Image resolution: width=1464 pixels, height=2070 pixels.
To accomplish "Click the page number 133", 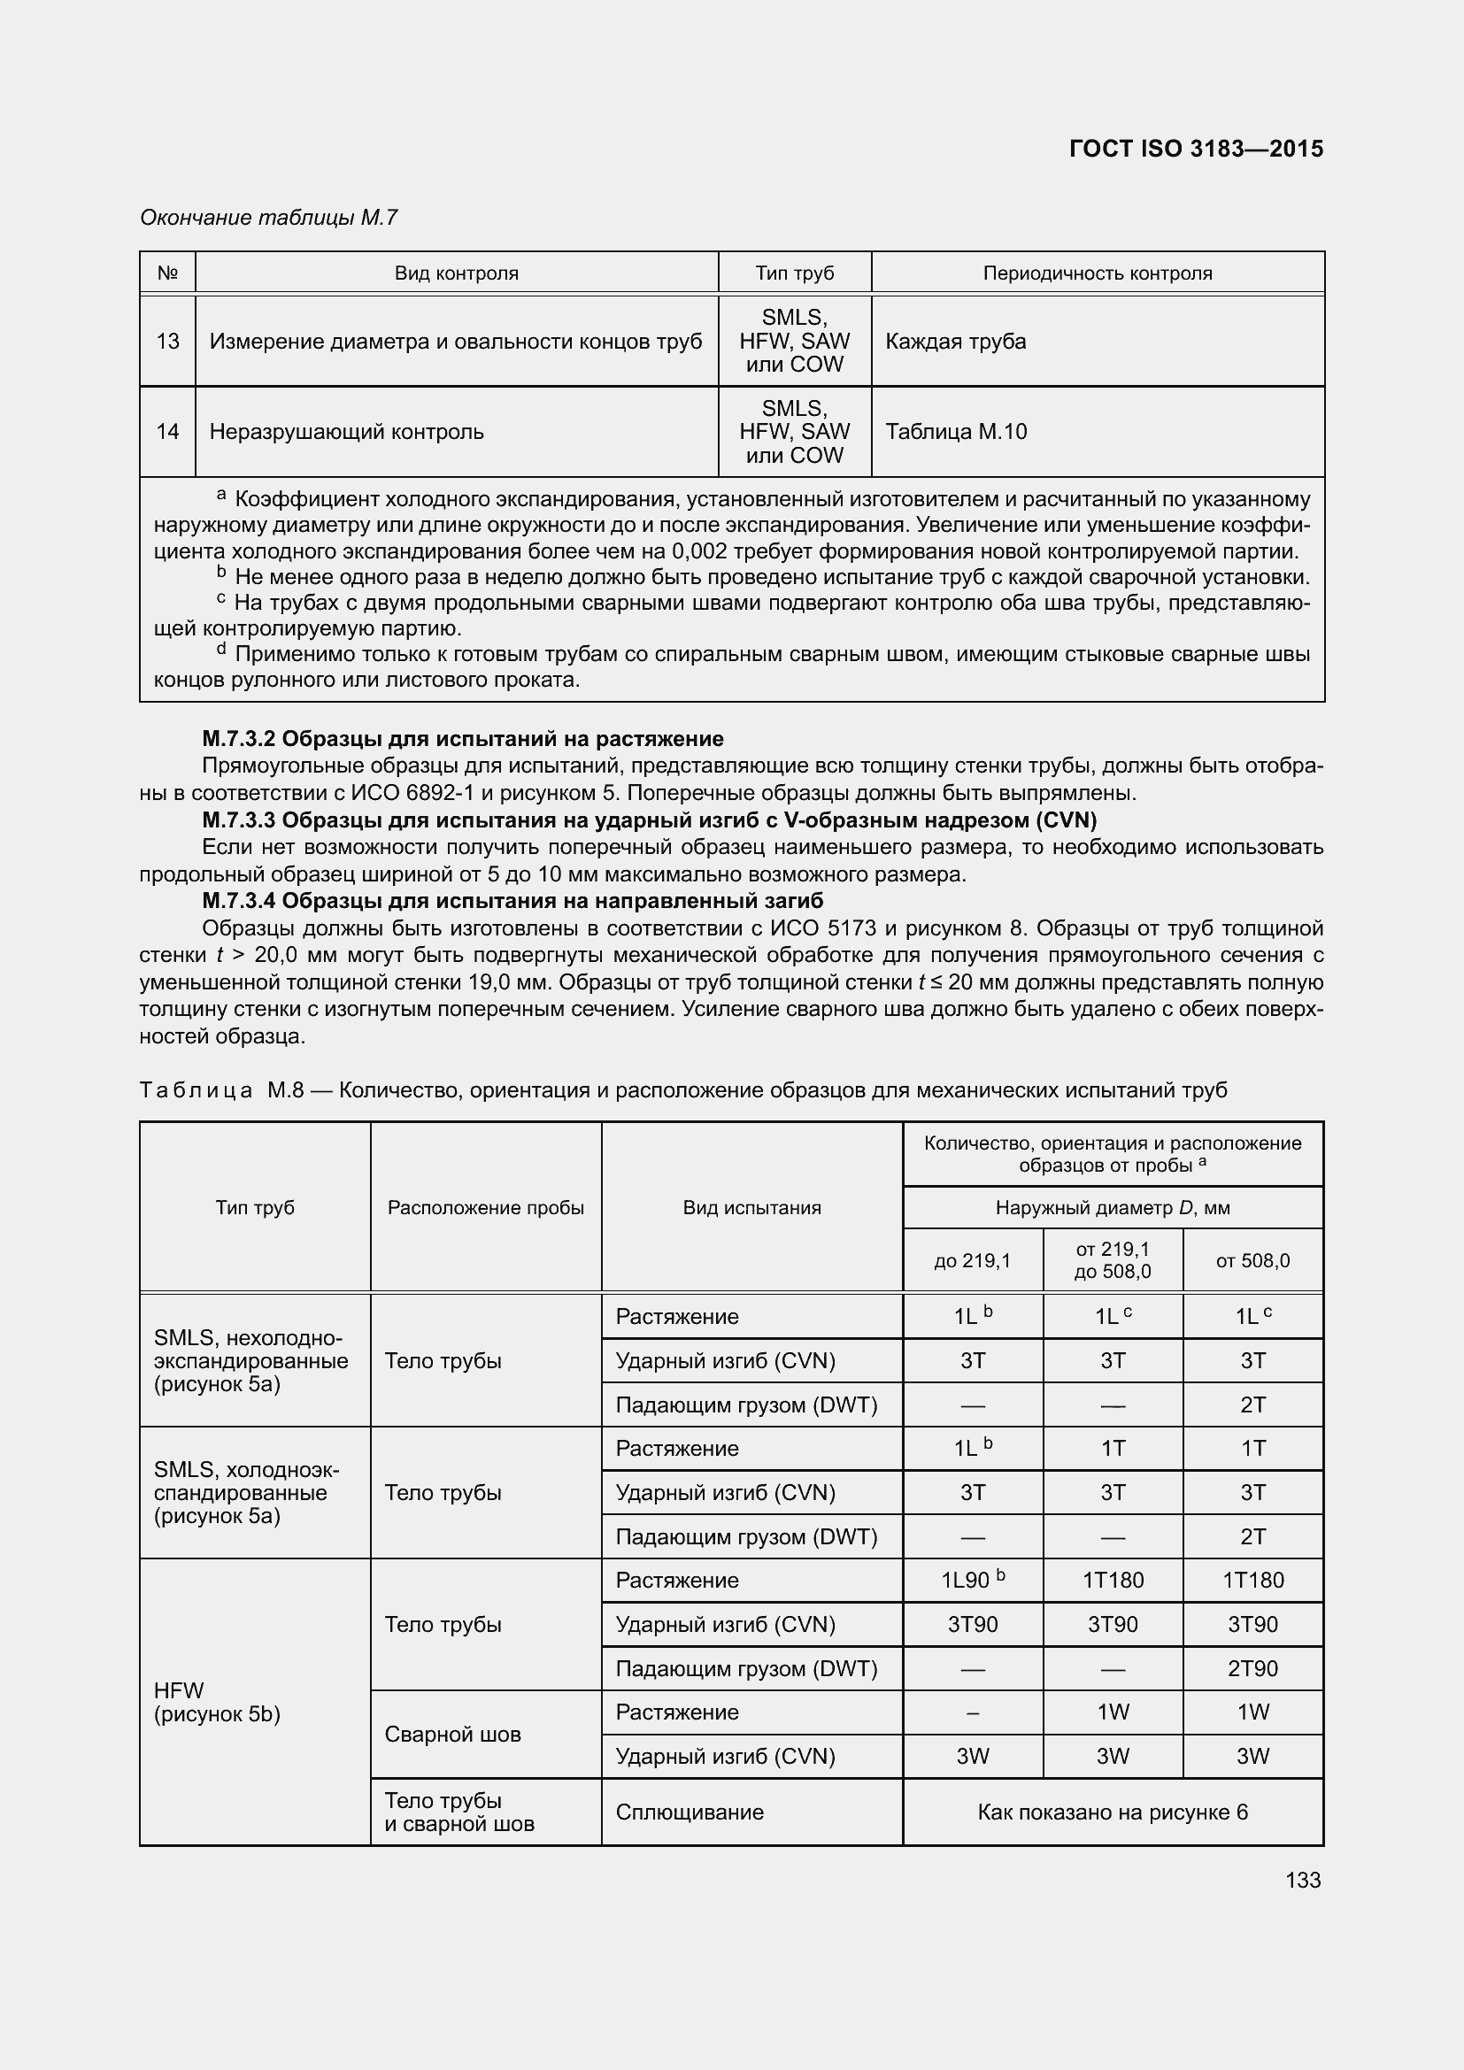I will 1303,1880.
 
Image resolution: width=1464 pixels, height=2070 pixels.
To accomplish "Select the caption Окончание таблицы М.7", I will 269,218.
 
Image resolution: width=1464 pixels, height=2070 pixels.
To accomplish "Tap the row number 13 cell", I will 167,342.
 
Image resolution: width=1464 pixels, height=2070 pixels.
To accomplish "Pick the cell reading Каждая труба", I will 956,342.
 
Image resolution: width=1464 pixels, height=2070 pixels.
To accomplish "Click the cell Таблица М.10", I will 956,432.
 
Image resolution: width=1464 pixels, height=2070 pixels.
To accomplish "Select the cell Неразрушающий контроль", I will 347,432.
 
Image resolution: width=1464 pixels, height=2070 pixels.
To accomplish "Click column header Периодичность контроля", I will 1097,273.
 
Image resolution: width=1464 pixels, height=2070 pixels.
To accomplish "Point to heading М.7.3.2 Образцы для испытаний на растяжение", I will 462,739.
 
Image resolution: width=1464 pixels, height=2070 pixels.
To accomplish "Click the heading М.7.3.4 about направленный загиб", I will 512,901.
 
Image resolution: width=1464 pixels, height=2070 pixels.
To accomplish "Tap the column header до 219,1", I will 973,1260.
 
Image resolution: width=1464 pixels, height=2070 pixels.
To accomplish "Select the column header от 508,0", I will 1252,1260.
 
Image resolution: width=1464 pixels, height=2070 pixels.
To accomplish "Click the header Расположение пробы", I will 486,1207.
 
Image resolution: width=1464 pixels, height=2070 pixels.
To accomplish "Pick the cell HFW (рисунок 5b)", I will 217,1702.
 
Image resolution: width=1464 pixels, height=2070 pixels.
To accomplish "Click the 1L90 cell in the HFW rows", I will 972,1581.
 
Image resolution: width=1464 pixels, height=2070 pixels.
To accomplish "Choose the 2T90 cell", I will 1252,1668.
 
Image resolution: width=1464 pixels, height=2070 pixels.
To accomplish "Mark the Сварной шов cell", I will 452,1735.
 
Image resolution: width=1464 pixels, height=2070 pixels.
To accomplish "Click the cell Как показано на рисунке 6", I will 1113,1812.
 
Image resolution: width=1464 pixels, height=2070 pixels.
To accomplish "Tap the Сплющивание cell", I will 690,1812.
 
